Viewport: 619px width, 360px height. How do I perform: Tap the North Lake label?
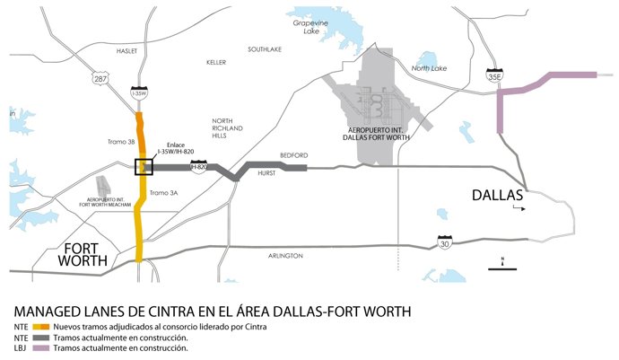[429, 68]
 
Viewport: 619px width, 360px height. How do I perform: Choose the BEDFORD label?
[294, 154]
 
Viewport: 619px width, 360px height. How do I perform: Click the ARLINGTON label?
[285, 256]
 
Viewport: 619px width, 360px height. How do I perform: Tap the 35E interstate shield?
[493, 75]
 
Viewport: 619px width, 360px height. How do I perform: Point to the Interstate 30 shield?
[445, 242]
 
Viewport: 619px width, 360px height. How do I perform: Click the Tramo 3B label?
[118, 142]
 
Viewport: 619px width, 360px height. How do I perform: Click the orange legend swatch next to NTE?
[41, 327]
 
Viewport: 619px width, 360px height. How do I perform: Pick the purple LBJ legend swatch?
[41, 348]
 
